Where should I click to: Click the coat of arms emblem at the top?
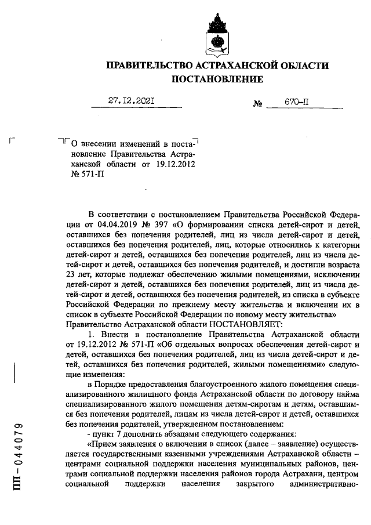213,34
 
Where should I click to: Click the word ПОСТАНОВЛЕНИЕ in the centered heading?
217,78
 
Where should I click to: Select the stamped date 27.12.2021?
134,100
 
